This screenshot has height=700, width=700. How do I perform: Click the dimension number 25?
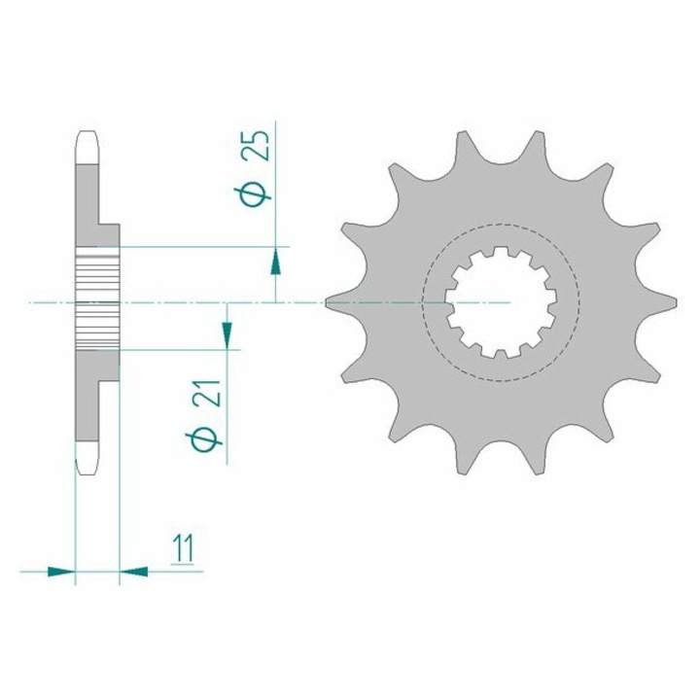257,146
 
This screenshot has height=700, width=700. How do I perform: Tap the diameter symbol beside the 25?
252,196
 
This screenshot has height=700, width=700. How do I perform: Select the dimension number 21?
208,394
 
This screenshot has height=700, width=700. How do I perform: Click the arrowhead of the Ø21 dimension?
227,334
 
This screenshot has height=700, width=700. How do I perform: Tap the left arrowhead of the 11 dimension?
61,571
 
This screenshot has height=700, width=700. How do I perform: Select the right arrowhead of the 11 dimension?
133,571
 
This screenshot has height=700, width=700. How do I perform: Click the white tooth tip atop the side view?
87,148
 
